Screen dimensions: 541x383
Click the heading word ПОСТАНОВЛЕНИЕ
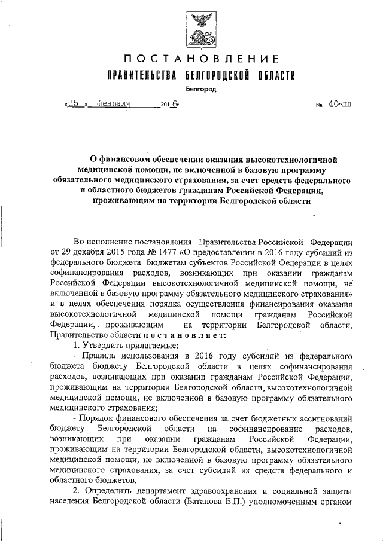202,59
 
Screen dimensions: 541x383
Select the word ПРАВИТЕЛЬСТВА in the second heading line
141,76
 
